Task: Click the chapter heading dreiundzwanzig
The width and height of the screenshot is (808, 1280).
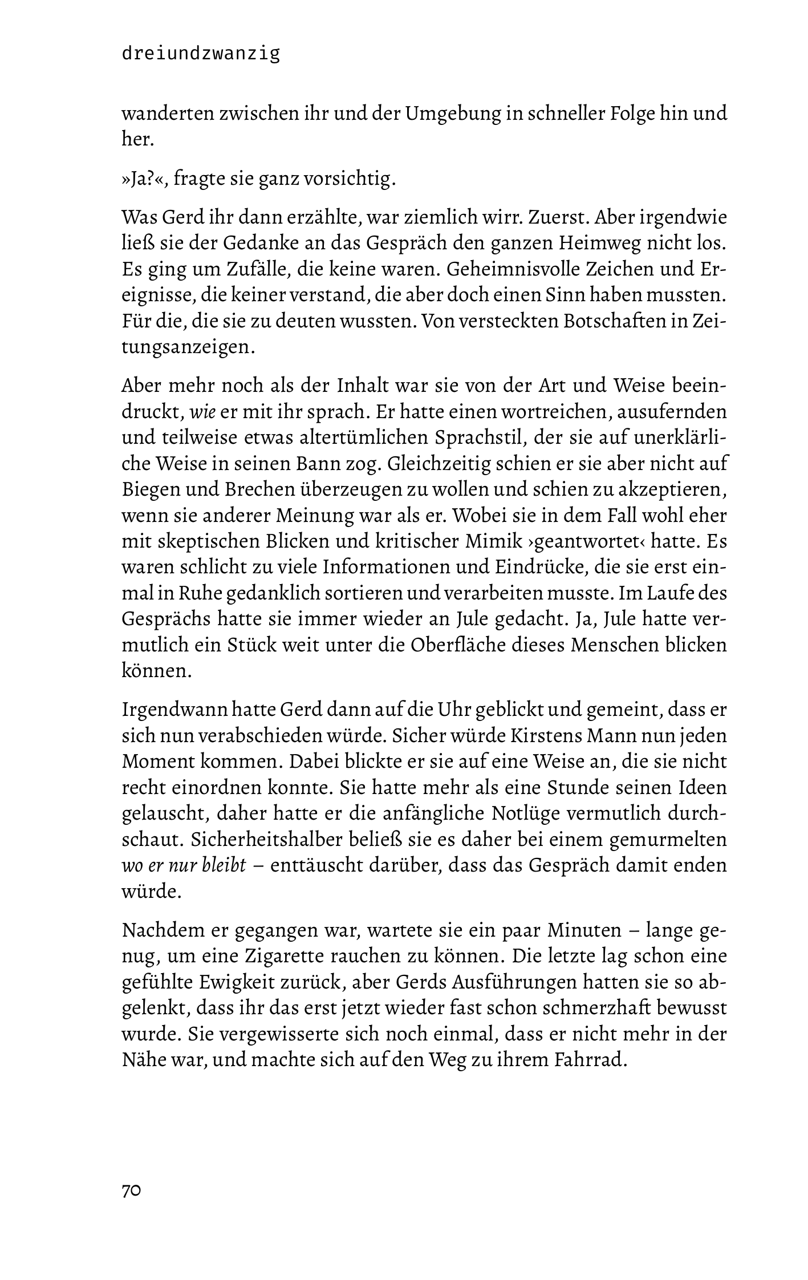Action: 201,54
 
